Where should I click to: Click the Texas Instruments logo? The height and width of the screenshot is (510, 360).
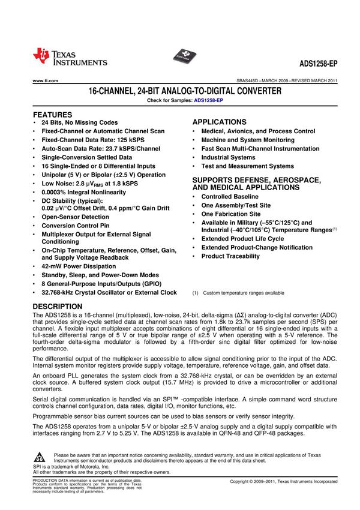[70, 56]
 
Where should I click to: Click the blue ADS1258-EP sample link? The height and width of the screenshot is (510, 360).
[203, 100]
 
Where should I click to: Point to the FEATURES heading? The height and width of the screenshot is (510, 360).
[52, 114]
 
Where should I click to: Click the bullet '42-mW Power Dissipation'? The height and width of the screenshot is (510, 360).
[79, 266]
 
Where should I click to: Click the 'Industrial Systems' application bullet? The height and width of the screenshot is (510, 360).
[228, 157]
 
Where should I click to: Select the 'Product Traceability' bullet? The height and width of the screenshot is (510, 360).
[230, 256]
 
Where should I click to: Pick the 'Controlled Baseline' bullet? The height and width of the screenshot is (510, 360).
[230, 196]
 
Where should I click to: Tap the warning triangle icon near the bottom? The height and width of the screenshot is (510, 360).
[40, 457]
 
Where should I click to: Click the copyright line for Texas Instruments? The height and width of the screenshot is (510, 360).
[283, 482]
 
